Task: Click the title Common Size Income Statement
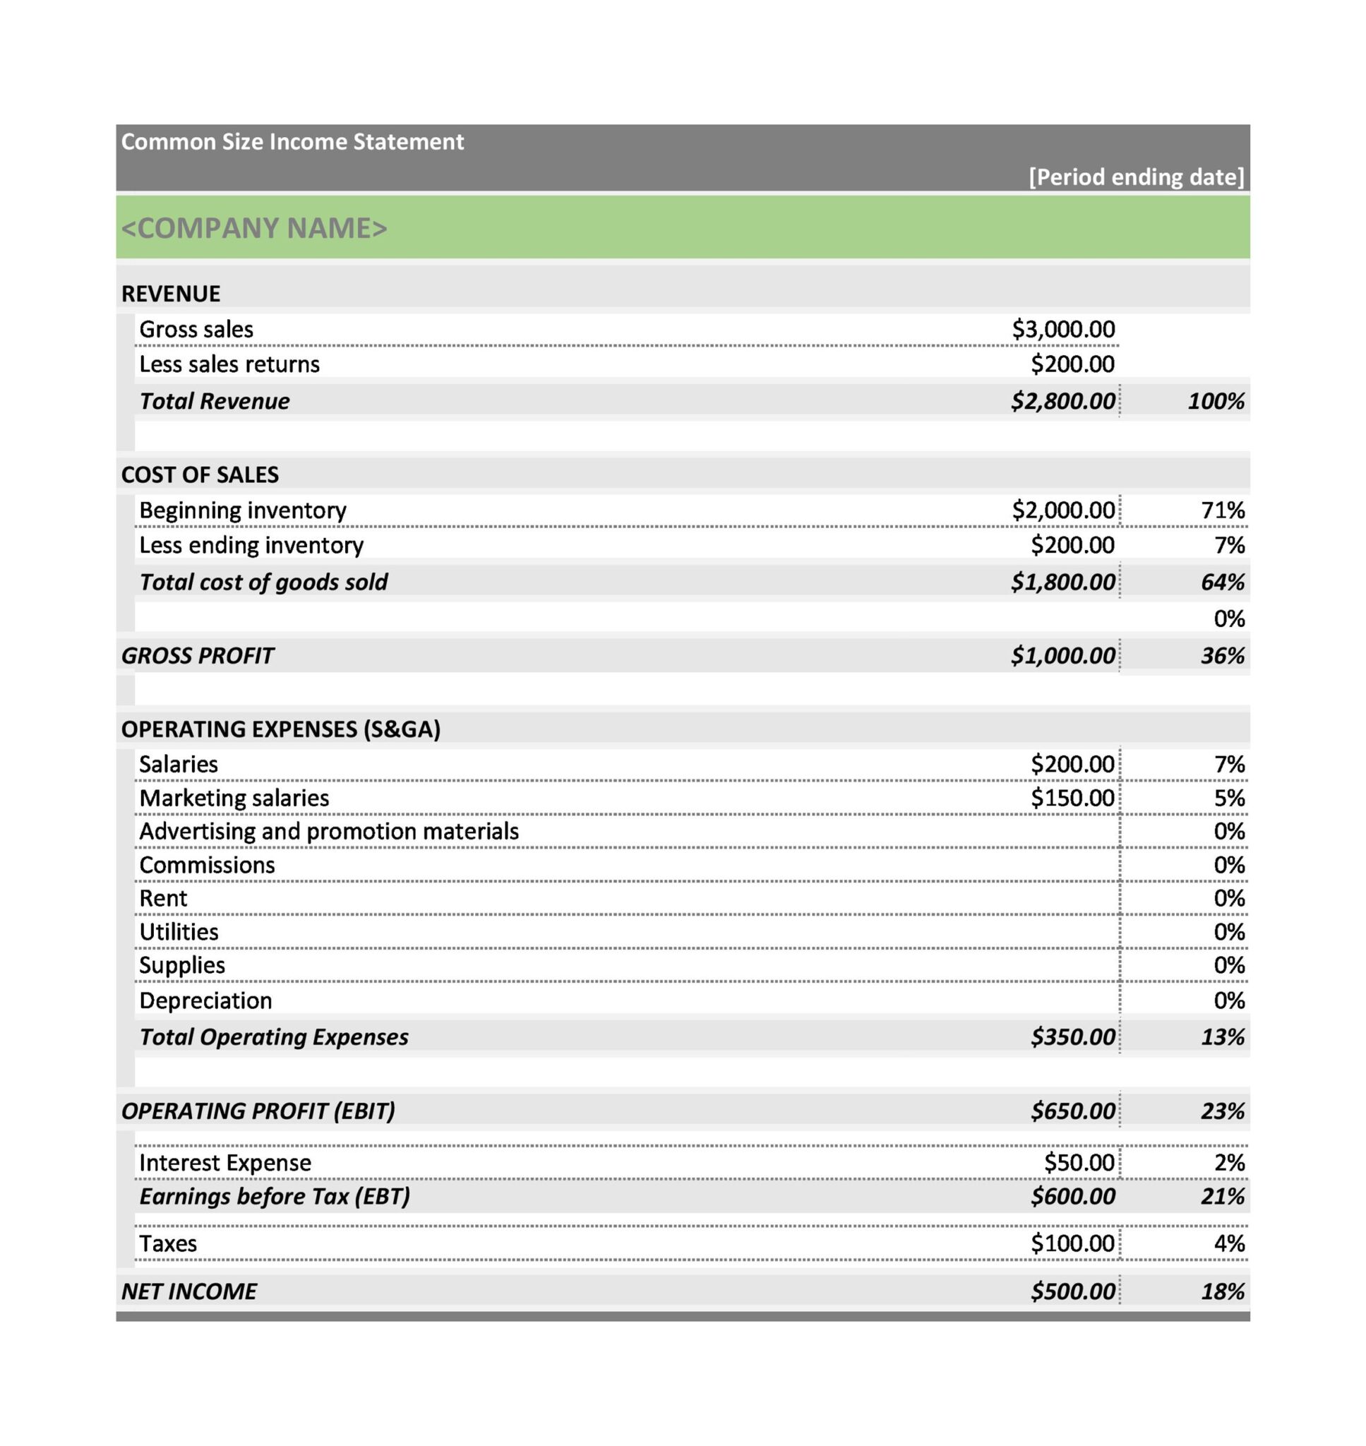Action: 292,141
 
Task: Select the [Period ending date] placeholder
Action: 1136,177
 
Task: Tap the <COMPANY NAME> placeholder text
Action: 254,228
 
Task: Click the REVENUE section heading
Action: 170,294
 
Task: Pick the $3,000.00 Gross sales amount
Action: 1063,329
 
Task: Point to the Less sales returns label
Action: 229,364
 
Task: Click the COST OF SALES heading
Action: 200,474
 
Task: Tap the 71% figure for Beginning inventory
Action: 1223,510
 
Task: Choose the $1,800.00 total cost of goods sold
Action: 1062,582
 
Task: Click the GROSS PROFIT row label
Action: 198,655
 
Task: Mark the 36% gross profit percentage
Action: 1223,655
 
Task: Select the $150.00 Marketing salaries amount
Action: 1072,798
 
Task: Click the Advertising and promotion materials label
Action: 328,831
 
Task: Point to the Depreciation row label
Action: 205,1000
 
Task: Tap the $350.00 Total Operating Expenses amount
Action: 1072,1036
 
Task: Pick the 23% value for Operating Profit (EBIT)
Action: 1223,1111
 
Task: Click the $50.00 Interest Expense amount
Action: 1079,1163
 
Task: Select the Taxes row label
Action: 167,1243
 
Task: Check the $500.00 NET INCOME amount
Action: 1072,1291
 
